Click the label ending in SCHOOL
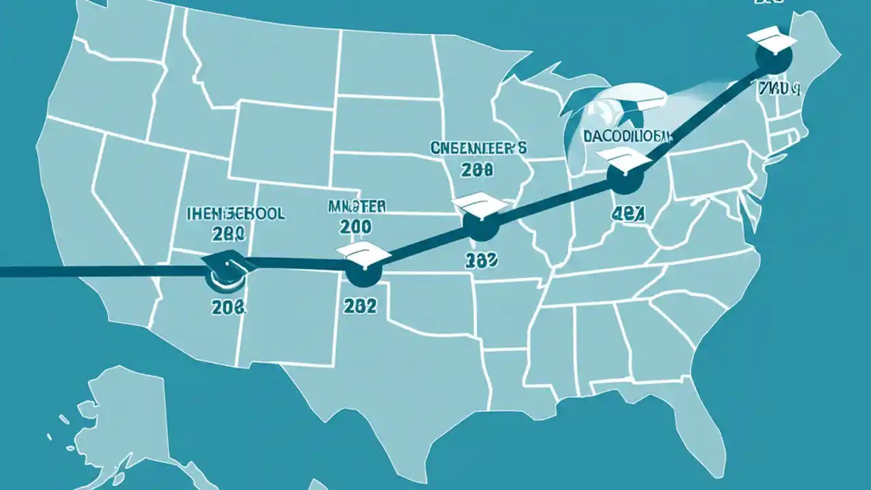click(235, 214)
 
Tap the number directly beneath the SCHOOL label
click(228, 235)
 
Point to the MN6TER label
click(357, 206)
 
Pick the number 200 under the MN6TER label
click(355, 228)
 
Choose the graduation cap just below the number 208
click(480, 203)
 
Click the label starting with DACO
click(626, 135)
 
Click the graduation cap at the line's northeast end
click(772, 42)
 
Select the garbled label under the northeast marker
click(779, 88)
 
